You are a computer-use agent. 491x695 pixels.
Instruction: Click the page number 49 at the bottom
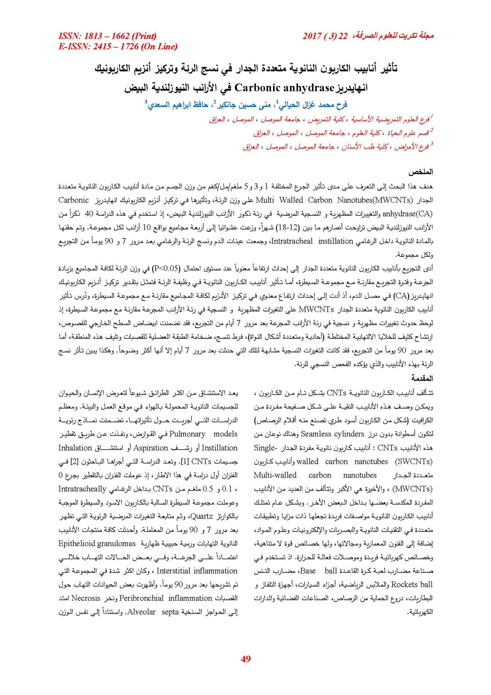[245, 658]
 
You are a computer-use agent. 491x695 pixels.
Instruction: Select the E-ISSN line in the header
[118, 46]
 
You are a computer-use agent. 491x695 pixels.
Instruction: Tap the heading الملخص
[420, 172]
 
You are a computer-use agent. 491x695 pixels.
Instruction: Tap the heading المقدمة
[422, 378]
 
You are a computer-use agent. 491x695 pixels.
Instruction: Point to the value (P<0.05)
[166, 268]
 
